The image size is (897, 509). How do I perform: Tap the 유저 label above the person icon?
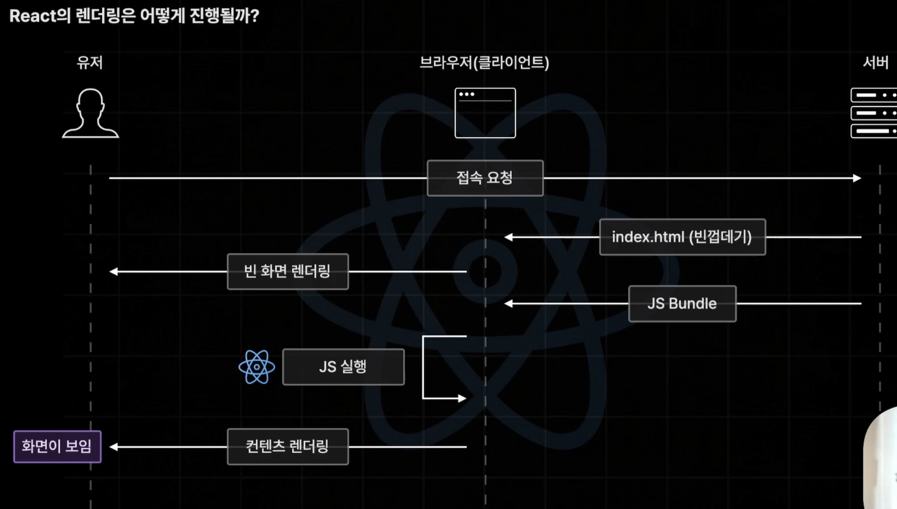coord(90,63)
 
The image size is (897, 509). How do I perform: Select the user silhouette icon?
coord(90,113)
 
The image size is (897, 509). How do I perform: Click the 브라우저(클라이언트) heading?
coord(484,63)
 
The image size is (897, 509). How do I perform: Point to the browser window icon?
coord(485,113)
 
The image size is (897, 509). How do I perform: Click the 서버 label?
coord(875,63)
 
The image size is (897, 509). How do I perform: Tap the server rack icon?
coord(874,113)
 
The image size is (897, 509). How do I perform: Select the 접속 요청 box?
coord(485,178)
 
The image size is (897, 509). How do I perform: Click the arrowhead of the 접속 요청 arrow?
coord(857,178)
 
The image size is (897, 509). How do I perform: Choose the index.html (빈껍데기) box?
coord(682,237)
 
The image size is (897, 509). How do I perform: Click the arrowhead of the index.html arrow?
coord(508,237)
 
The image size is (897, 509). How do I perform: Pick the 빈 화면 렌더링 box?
coord(288,271)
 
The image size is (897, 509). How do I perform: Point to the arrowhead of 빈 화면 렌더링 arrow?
coord(113,271)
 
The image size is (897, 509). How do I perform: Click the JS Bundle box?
coord(682,303)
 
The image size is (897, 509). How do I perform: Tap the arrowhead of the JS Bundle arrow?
coord(508,303)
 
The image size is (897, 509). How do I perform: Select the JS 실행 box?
coord(343,367)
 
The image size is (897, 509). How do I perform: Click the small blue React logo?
coord(257,367)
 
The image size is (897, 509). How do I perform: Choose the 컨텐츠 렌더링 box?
coord(288,446)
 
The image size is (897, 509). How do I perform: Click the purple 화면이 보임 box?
coord(57,446)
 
